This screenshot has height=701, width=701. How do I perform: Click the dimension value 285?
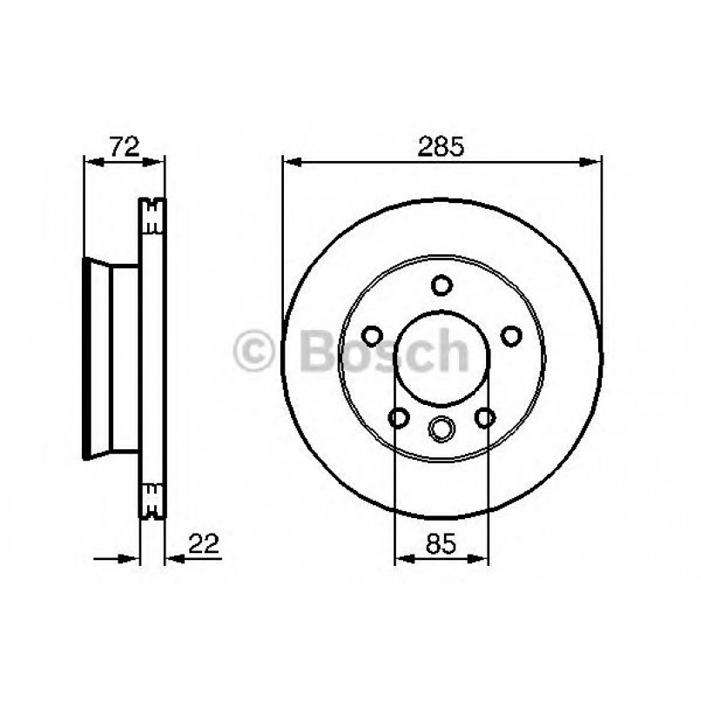click(441, 147)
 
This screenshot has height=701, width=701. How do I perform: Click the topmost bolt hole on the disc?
click(441, 285)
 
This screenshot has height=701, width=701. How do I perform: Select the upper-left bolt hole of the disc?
click(372, 336)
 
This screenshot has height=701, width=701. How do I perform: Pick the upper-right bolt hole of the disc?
click(511, 336)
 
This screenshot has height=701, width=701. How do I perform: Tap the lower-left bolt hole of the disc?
click(399, 418)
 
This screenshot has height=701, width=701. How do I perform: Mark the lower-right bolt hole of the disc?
click(485, 418)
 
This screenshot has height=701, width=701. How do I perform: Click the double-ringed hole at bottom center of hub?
click(441, 428)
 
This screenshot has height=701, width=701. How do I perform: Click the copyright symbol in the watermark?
click(254, 352)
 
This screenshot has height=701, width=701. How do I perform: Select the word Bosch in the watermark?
click(383, 351)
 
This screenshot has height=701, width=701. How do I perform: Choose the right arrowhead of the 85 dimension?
click(482, 557)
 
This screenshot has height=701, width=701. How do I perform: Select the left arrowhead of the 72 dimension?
click(88, 160)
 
